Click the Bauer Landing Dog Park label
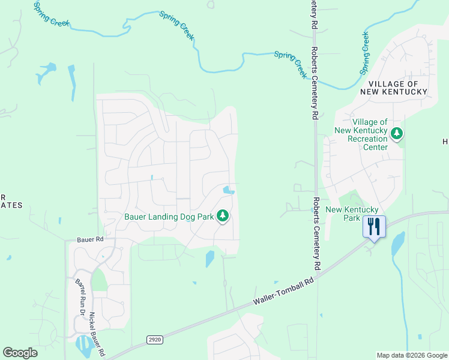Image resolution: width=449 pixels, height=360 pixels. [169, 216]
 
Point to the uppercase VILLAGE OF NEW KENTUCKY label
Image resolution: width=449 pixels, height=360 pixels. [394, 88]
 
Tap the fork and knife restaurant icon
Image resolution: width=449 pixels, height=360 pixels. [373, 227]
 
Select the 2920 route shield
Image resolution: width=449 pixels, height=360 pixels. [154, 340]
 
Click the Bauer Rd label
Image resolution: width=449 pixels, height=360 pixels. [91, 239]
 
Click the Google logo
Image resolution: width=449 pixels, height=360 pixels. [20, 353]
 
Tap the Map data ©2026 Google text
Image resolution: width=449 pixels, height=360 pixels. [412, 355]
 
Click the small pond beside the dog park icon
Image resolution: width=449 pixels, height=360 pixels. [228, 191]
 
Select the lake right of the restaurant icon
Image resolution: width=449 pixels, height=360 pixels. [397, 244]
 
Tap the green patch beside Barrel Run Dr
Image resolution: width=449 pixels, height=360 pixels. [98, 279]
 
